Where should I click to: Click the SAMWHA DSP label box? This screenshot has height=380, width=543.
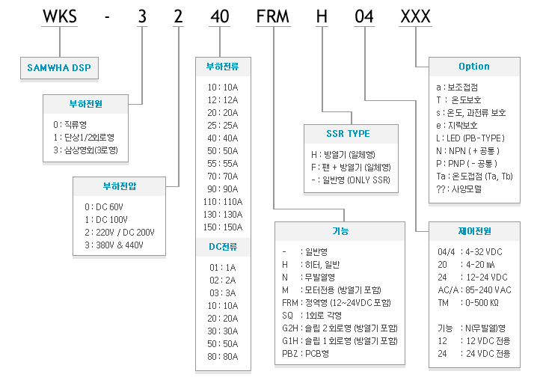coord(59,68)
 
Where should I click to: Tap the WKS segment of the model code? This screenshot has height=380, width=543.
coord(60,16)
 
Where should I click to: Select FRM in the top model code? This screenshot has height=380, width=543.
coord(272,16)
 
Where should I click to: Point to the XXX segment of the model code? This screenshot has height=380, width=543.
coord(416,16)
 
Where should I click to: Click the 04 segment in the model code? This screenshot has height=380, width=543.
coord(364,16)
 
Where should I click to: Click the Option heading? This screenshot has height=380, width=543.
coord(474,66)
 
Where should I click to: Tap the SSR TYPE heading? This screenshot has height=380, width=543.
coord(348,133)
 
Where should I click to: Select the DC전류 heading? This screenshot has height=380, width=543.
coord(223,247)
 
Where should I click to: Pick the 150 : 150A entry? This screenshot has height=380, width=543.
coord(223,227)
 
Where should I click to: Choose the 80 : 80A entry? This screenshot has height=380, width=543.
coord(223,357)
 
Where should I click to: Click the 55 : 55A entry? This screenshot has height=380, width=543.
coord(223,164)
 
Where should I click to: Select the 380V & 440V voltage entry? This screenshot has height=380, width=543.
coord(114,245)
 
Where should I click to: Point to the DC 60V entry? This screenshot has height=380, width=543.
coord(104,207)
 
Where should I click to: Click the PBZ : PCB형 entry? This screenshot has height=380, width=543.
coord(305,354)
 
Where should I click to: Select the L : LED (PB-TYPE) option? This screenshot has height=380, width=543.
coord(470,138)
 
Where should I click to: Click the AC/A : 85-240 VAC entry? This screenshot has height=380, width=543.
coord(474,290)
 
